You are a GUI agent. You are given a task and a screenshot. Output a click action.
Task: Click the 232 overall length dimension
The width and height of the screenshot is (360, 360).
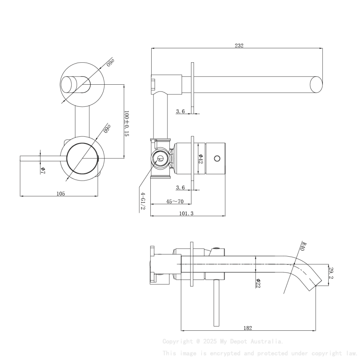pyautogui.click(x=239, y=46)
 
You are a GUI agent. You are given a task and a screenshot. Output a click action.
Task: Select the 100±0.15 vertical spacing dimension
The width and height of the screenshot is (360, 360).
pyautogui.click(x=126, y=123)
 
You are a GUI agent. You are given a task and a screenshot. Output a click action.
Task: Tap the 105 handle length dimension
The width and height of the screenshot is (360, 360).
pyautogui.click(x=61, y=194)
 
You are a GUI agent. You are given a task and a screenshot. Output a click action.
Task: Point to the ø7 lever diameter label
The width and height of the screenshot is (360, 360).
pyautogui.click(x=43, y=170)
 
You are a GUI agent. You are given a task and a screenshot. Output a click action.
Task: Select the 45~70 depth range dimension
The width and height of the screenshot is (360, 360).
pyautogui.click(x=174, y=202)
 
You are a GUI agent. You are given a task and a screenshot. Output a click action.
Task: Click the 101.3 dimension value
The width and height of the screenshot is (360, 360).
pyautogui.click(x=186, y=213)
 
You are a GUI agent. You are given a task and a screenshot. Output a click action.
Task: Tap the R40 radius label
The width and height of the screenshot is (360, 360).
pyautogui.click(x=302, y=246)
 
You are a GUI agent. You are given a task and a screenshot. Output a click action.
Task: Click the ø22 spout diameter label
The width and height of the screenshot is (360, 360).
pyautogui.click(x=258, y=282)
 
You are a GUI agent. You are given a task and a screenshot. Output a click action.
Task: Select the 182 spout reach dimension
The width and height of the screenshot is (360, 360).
pyautogui.click(x=248, y=328)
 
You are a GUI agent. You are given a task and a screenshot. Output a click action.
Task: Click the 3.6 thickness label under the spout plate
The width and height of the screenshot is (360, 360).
pyautogui.click(x=180, y=111)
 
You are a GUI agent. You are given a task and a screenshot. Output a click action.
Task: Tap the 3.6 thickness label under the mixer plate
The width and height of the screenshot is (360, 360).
pyautogui.click(x=180, y=187)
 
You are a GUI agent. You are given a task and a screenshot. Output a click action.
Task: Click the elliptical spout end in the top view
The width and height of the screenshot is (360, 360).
pyautogui.click(x=316, y=84)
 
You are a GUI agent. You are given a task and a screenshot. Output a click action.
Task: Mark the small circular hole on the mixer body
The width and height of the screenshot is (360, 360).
pyautogui.click(x=217, y=159)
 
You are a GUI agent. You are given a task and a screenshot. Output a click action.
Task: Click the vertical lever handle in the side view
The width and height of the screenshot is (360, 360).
pyautogui.click(x=217, y=303)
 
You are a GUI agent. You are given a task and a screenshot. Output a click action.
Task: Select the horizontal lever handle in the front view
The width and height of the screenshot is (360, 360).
pyautogui.click(x=42, y=158)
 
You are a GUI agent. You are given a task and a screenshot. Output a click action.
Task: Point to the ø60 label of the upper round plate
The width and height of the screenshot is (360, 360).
pyautogui.click(x=111, y=63)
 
